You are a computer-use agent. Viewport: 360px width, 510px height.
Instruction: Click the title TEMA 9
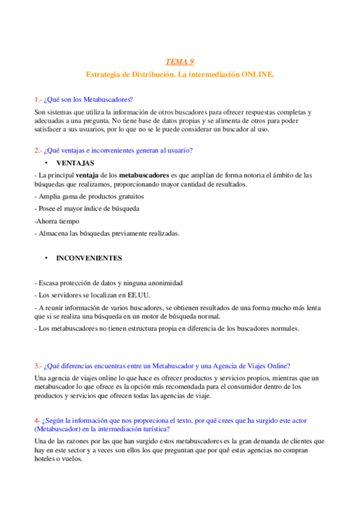(180, 61)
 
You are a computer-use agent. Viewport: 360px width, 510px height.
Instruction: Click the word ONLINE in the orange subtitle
(257, 73)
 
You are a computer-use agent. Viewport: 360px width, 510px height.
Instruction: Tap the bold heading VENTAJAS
(75, 163)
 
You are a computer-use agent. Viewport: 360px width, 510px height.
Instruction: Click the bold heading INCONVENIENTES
(89, 258)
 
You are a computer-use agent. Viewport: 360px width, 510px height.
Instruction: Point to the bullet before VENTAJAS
(46, 163)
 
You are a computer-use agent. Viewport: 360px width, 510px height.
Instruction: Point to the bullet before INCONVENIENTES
(46, 258)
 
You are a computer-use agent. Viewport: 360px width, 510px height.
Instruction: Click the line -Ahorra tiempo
(53, 221)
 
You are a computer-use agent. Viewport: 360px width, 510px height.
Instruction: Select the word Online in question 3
(277, 366)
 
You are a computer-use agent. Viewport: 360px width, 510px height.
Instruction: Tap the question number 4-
(37, 420)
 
